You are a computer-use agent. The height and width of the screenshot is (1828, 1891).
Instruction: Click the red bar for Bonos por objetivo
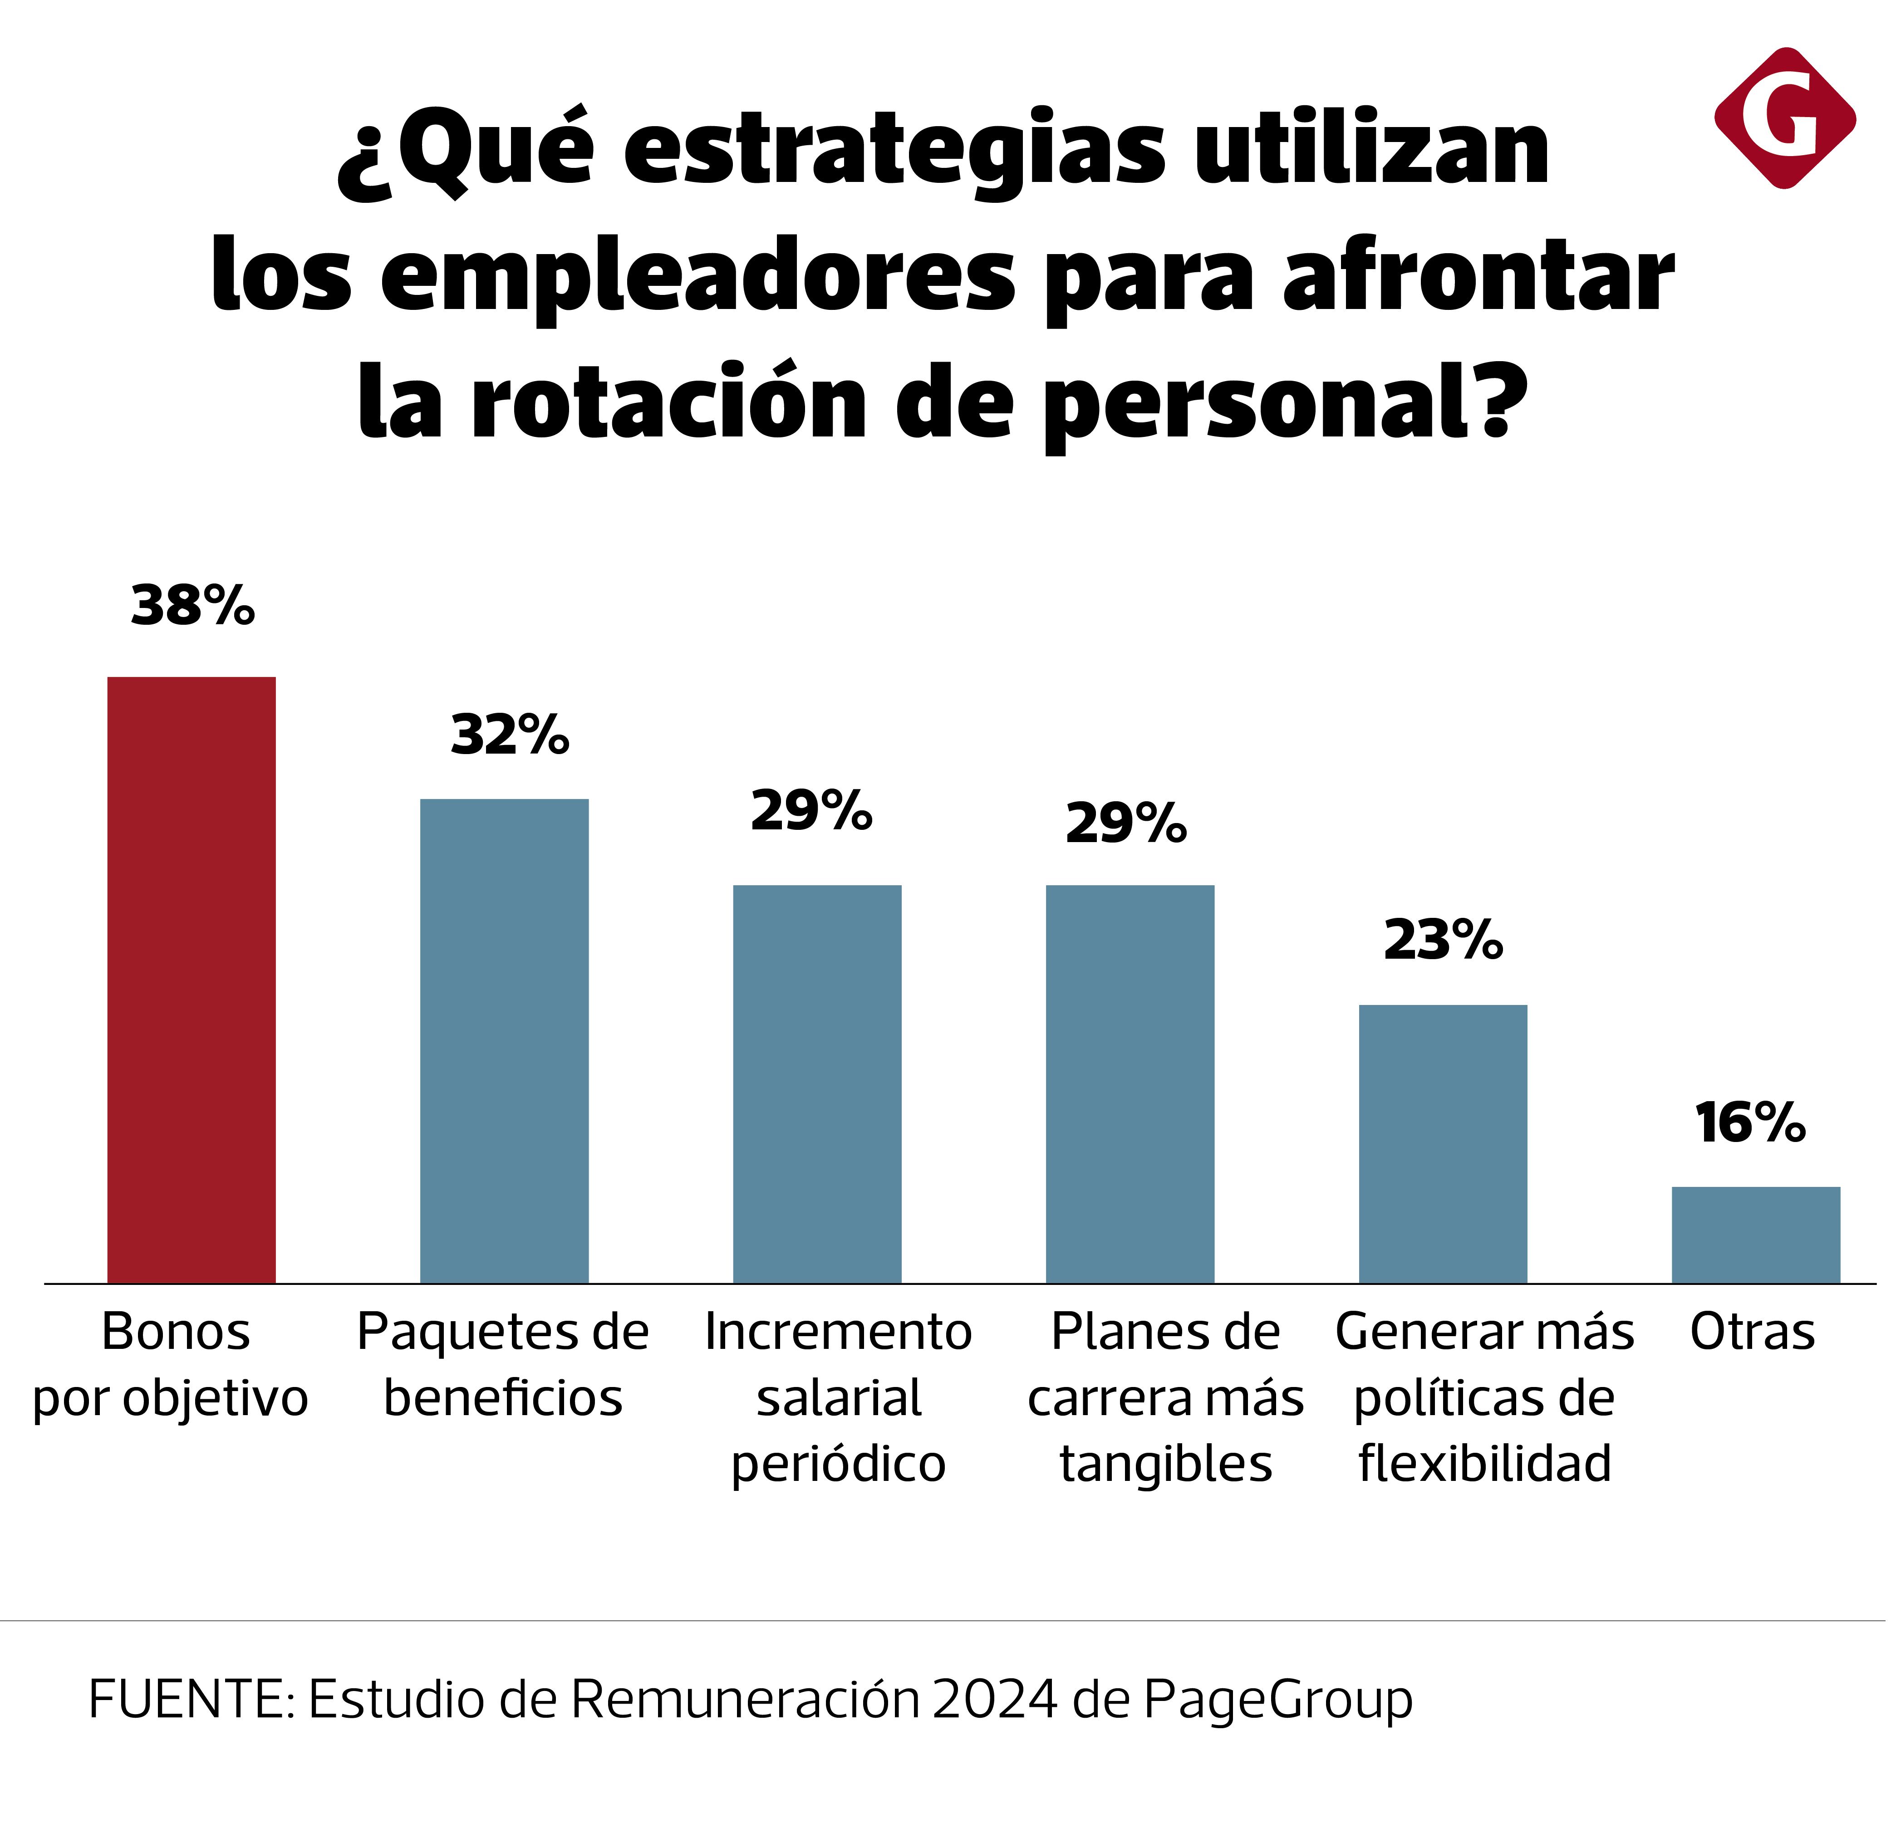click(191, 979)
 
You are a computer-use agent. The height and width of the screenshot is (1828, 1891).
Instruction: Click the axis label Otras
click(1752, 1332)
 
